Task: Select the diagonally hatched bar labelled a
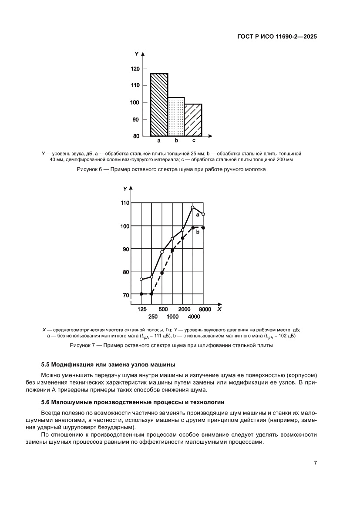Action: tap(159, 104)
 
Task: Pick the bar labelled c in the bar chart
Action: tap(193, 120)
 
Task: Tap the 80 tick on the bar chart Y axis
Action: tap(136, 136)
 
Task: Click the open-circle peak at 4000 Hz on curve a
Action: tap(193, 207)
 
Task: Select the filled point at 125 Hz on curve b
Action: tap(141, 294)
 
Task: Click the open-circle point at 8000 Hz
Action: tap(203, 214)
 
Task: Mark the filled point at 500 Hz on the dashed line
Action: tap(162, 273)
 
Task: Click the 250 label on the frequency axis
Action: tap(153, 317)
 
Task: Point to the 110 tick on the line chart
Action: tap(125, 203)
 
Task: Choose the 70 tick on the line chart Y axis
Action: tap(126, 295)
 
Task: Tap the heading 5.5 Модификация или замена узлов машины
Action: tap(108, 364)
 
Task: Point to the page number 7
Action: tap(315, 463)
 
